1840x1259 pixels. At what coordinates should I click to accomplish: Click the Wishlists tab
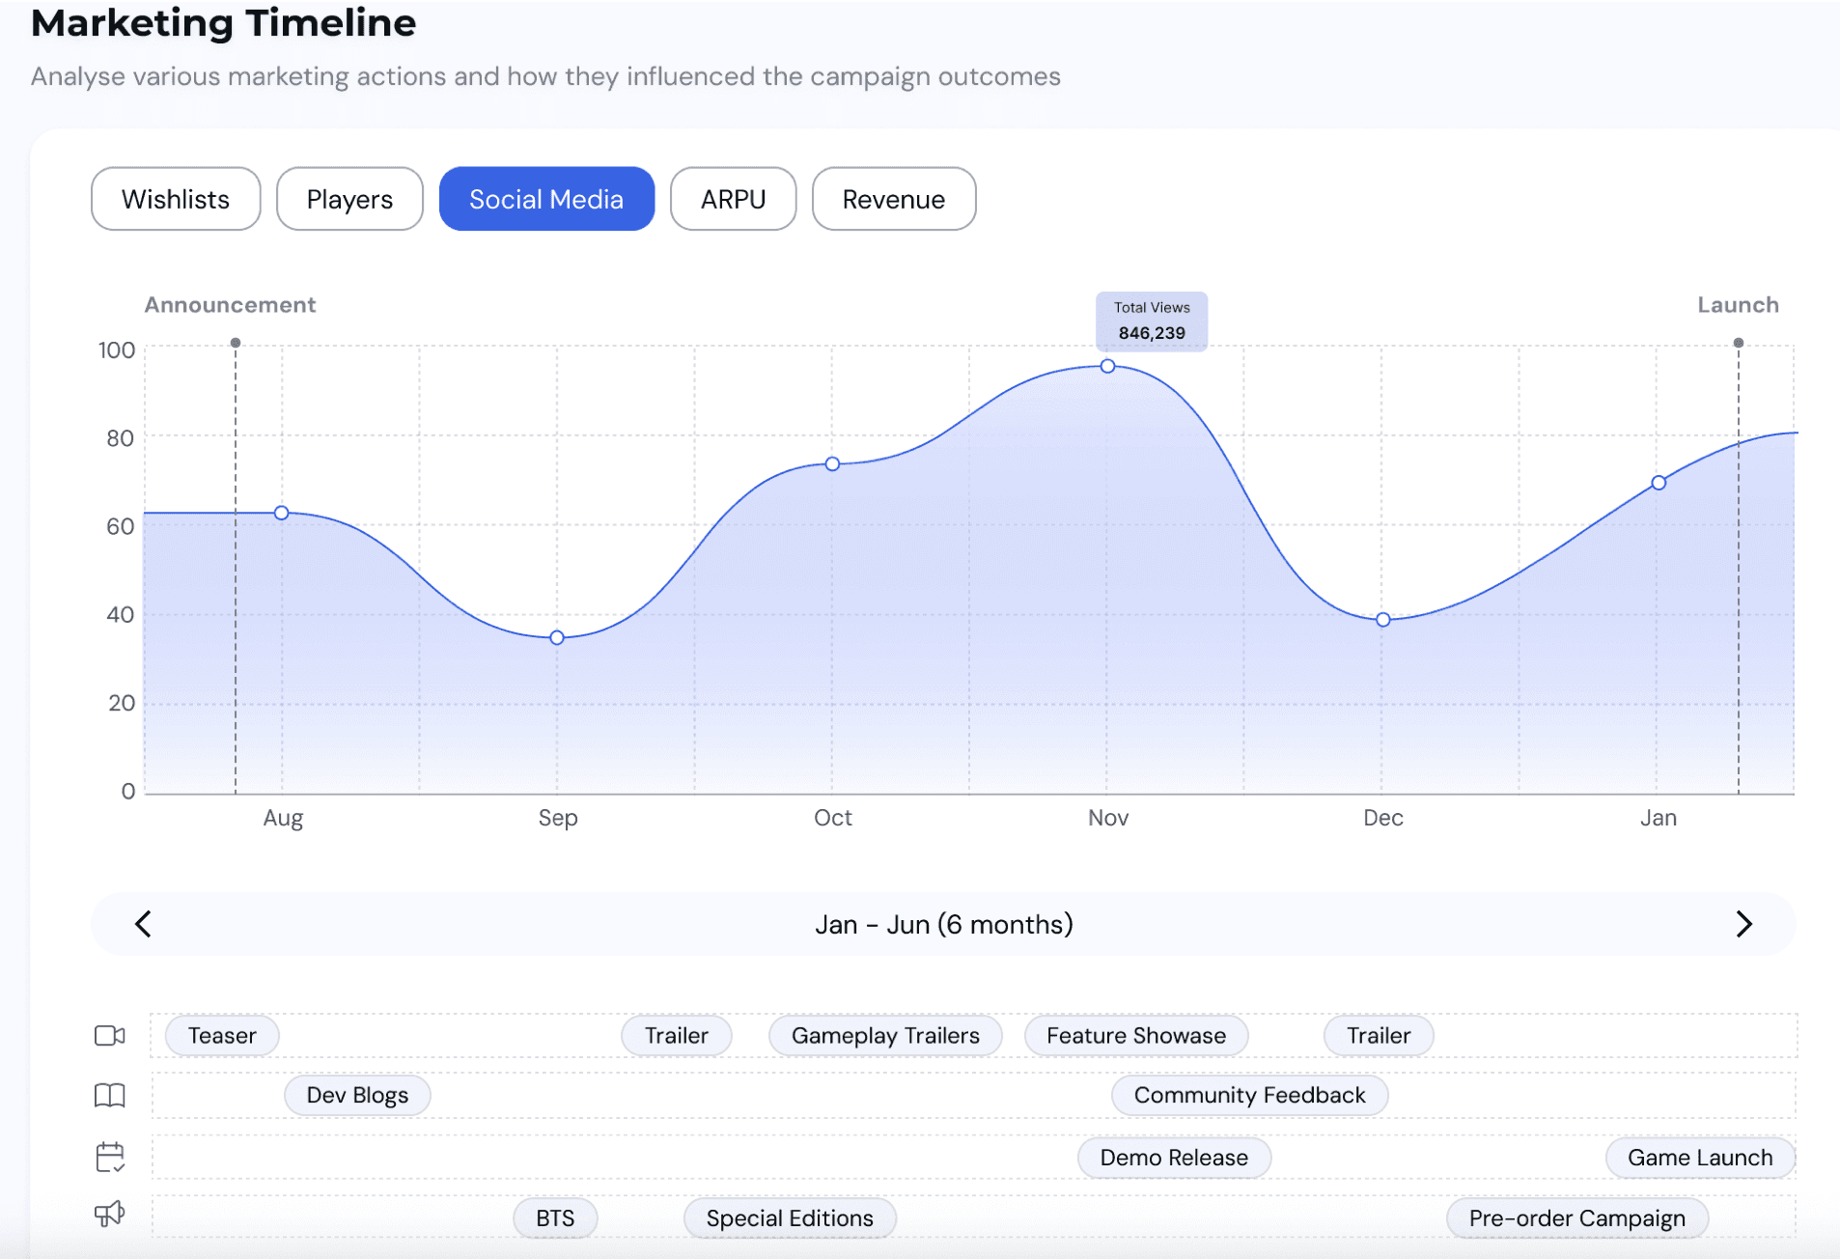tap(176, 199)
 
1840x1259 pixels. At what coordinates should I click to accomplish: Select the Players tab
tap(349, 199)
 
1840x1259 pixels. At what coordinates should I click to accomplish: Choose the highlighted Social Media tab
tap(546, 199)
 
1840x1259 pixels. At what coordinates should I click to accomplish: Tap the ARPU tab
tap(734, 199)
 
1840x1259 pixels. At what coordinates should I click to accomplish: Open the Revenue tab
tap(894, 199)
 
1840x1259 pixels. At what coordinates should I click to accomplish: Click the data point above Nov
tap(1108, 366)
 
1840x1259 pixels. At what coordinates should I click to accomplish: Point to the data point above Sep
tap(557, 637)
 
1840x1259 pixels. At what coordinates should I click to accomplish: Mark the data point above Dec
tap(1383, 619)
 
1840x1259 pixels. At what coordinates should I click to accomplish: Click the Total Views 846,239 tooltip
tap(1152, 321)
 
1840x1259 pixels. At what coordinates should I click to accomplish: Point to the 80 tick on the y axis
tap(120, 437)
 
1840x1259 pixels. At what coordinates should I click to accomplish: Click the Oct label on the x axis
tap(833, 818)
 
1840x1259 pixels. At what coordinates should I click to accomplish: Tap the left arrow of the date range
tap(143, 924)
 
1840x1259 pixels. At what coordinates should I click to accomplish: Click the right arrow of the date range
tap(1743, 924)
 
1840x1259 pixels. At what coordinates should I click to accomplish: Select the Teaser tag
tap(222, 1035)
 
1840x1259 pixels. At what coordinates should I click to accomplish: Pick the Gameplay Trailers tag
tap(885, 1035)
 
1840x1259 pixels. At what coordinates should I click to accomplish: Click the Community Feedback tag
tap(1249, 1095)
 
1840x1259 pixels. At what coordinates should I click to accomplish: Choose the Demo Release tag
tap(1174, 1157)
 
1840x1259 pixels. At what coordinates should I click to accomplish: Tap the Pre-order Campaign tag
tap(1577, 1217)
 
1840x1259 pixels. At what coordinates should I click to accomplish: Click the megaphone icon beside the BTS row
tap(110, 1214)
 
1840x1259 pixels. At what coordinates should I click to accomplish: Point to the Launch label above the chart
tap(1738, 305)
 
